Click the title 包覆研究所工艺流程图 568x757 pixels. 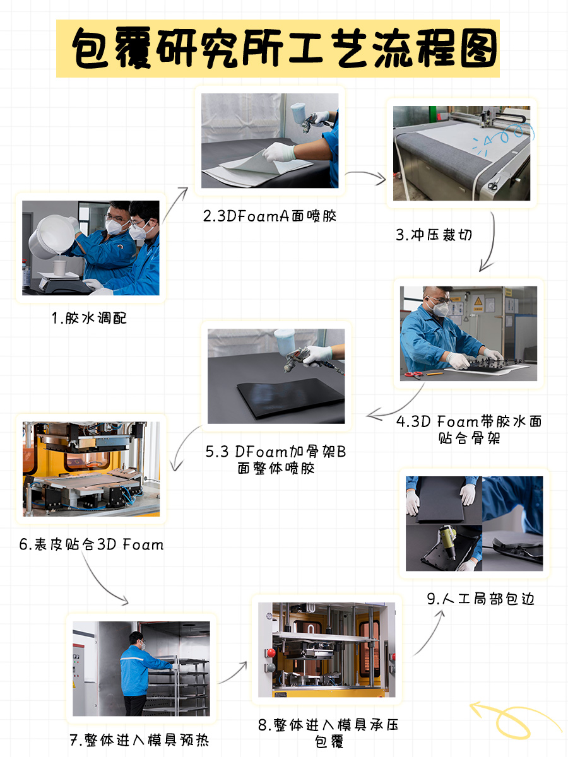click(285, 49)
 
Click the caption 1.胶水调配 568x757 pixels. click(89, 318)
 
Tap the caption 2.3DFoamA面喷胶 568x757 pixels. click(269, 216)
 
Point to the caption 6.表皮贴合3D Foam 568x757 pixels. click(92, 544)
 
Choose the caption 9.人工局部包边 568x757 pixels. click(480, 599)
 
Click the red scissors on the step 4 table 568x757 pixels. click(413, 374)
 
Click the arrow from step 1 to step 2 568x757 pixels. click(175, 205)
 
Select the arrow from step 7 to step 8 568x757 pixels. click(232, 672)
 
